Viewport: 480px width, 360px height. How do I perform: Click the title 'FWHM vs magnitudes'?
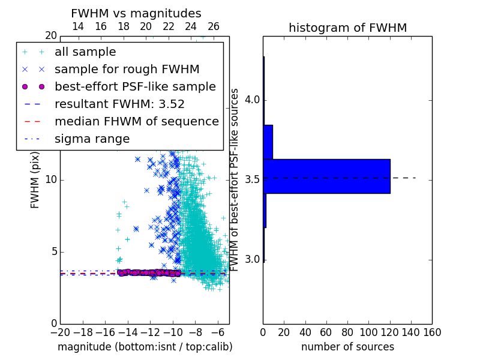[x=136, y=13]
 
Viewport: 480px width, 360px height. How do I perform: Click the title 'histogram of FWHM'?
[x=348, y=28]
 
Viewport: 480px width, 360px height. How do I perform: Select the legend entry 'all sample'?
[x=85, y=52]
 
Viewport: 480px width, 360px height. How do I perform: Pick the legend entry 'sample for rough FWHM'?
[x=127, y=70]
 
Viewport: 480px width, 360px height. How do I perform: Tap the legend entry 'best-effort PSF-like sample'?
[x=135, y=86]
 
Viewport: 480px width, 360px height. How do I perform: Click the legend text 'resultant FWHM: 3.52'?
[x=119, y=104]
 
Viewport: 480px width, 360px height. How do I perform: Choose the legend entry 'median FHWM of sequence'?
[x=137, y=122]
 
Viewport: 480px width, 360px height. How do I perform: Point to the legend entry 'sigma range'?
[x=92, y=139]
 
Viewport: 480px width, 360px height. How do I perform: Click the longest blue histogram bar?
[x=326, y=176]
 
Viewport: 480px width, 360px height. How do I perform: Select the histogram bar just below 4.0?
[x=268, y=142]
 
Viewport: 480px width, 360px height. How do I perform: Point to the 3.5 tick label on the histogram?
[x=253, y=179]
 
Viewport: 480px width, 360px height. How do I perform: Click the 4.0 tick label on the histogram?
[x=253, y=100]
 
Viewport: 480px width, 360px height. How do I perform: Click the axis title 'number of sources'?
[x=348, y=347]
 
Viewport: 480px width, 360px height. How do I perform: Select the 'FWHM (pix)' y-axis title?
[x=35, y=180]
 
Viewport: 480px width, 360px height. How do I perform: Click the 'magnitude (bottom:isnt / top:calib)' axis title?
[x=145, y=347]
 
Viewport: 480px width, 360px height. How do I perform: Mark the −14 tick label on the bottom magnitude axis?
[x=128, y=332]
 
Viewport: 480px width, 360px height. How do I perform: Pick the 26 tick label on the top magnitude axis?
[x=214, y=26]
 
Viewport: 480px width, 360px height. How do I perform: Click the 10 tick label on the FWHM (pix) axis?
[x=51, y=179]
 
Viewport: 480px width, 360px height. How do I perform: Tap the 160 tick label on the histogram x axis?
[x=432, y=332]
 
